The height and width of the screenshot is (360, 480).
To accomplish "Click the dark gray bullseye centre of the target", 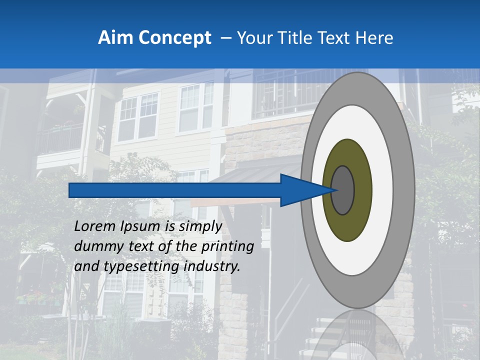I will tap(342, 190).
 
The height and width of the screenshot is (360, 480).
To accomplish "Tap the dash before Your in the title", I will tap(225, 38).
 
